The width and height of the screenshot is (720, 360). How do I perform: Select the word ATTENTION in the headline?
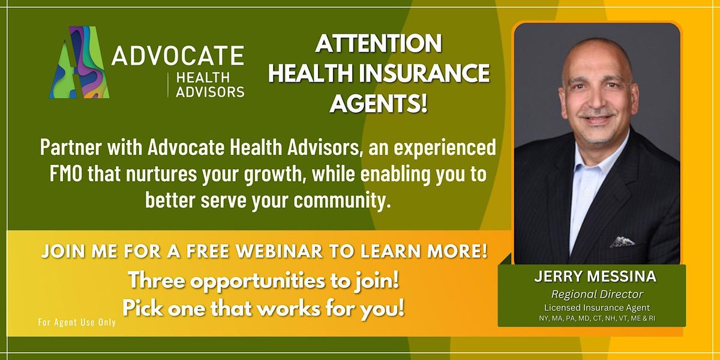coord(379,43)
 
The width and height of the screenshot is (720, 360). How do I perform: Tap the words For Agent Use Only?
coord(77,322)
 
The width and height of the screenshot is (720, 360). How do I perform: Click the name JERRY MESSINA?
coord(592,279)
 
